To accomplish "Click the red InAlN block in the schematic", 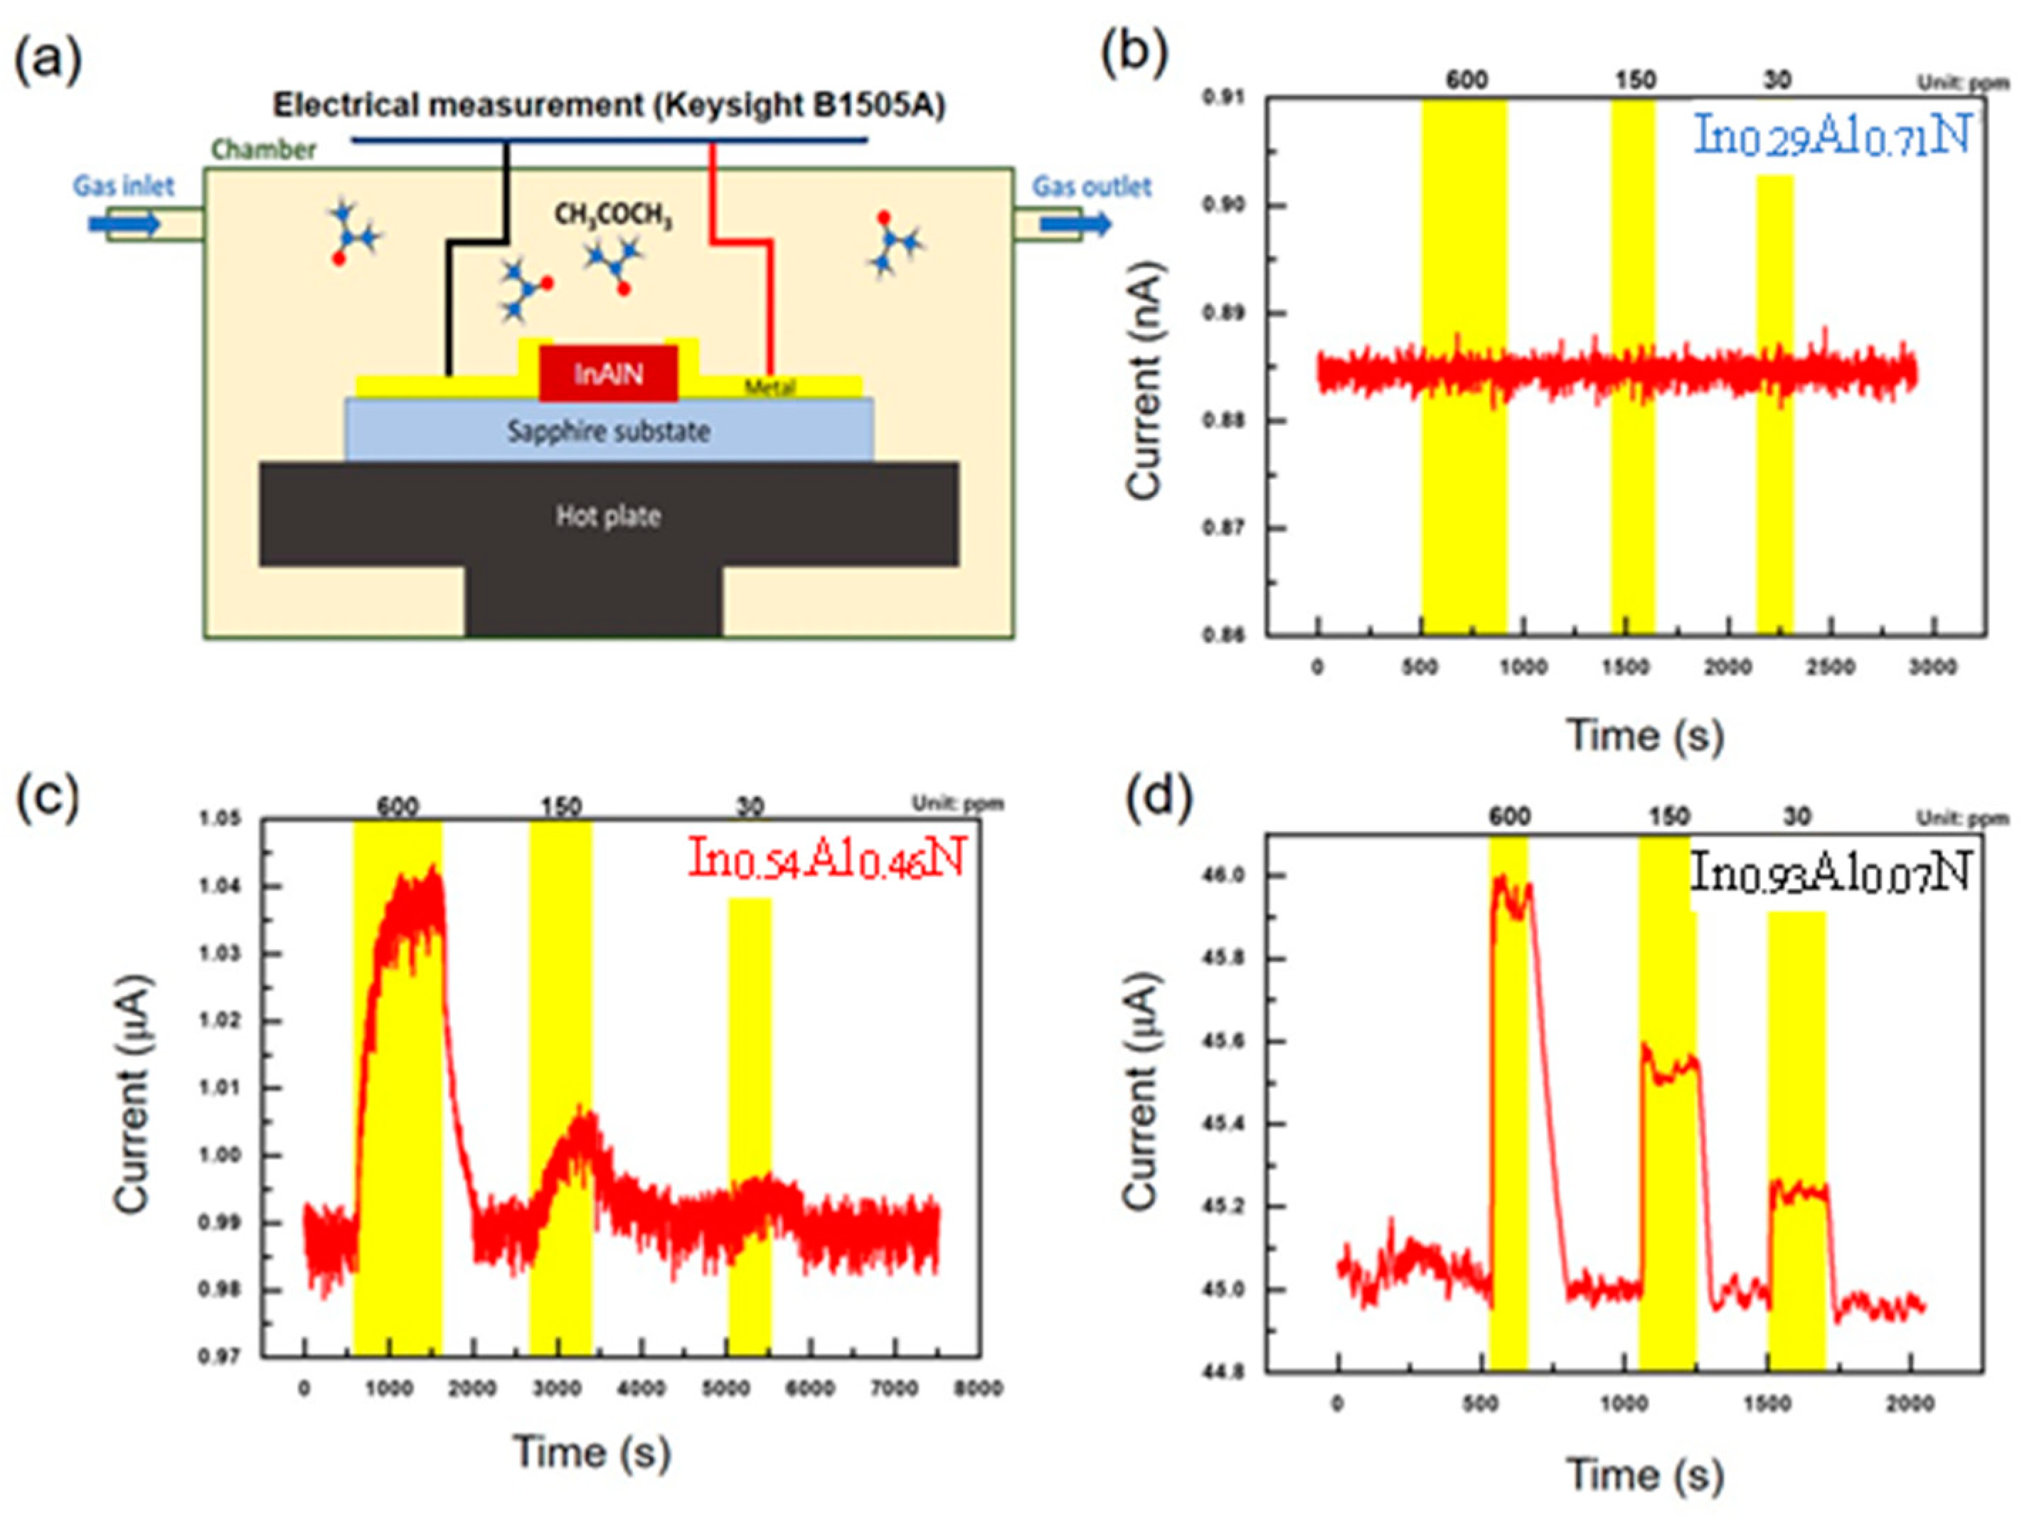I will pyautogui.click(x=608, y=373).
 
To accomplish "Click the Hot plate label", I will pyautogui.click(x=608, y=516).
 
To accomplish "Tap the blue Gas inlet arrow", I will pyautogui.click(x=124, y=224).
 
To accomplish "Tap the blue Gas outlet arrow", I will pyautogui.click(x=1076, y=224).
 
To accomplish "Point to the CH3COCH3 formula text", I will pyautogui.click(x=613, y=215).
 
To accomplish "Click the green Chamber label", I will pyautogui.click(x=264, y=149).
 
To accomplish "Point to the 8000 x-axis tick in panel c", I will pyautogui.click(x=978, y=1388).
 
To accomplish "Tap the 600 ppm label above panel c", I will pyautogui.click(x=398, y=808).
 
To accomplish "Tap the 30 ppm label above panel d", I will pyautogui.click(x=1797, y=817).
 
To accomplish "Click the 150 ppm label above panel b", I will pyautogui.click(x=1634, y=81).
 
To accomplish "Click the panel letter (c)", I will pyautogui.click(x=48, y=798).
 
